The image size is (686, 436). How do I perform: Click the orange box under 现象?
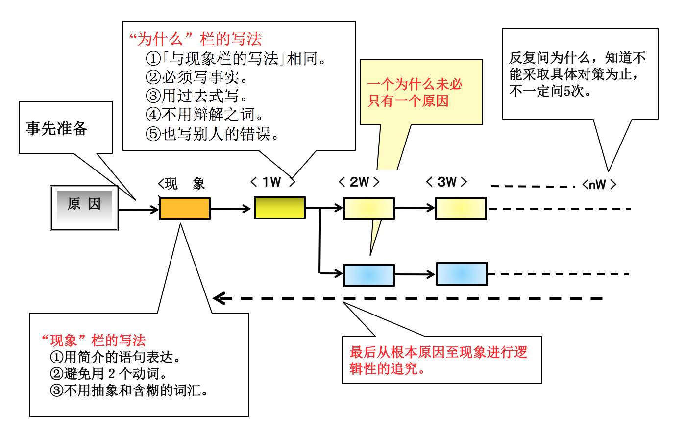click(185, 209)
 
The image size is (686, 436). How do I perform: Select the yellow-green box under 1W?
click(279, 208)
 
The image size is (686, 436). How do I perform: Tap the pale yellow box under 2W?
click(368, 209)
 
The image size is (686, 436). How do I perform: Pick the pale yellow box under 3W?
click(461, 209)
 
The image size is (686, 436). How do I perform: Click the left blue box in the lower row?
click(368, 275)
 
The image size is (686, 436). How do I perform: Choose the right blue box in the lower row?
click(462, 274)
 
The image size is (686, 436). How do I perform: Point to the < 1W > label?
click(272, 182)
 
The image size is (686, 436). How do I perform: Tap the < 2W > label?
click(359, 182)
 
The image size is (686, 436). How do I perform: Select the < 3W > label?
click(446, 182)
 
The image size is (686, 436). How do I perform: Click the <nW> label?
click(599, 185)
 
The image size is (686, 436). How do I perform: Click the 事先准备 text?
click(56, 128)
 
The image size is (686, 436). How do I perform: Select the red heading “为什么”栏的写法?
click(196, 39)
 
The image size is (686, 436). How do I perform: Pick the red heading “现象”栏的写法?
click(94, 340)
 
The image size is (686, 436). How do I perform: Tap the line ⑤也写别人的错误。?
click(213, 134)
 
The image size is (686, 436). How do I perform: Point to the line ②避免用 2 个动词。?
click(109, 374)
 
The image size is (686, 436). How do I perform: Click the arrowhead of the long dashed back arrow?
click(219, 298)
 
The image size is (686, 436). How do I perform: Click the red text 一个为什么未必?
click(415, 84)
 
